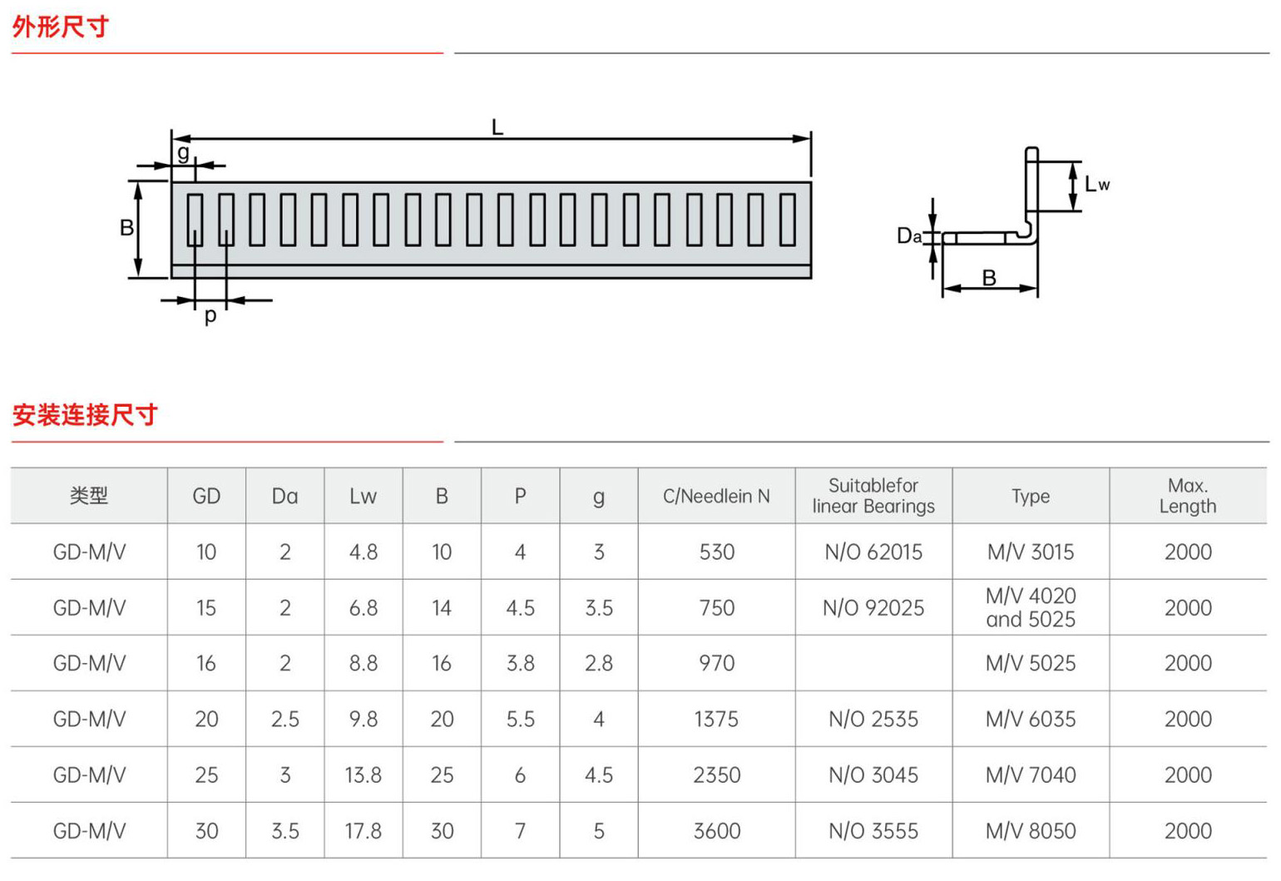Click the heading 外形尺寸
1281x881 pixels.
coord(60,27)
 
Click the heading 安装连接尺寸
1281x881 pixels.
coord(85,415)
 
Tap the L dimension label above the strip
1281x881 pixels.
coord(497,127)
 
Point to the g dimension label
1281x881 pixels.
coord(183,152)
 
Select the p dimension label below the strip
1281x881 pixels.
coord(210,315)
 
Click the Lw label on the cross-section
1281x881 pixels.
coord(1097,184)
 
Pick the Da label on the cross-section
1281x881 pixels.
coord(909,235)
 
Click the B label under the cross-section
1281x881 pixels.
coord(989,278)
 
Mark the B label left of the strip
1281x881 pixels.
coord(126,228)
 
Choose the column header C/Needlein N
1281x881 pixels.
coord(716,496)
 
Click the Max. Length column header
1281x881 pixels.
coord(1188,496)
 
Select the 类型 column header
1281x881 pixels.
coord(89,496)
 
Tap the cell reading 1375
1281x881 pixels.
coord(716,719)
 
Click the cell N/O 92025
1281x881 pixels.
coord(873,607)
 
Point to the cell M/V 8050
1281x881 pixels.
coord(1031,830)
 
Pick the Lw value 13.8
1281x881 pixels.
coord(364,775)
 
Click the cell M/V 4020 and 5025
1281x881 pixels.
coord(1031,607)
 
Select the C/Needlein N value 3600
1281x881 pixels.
coord(716,830)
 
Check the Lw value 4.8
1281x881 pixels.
coord(364,552)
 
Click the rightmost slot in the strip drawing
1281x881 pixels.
coord(788,220)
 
